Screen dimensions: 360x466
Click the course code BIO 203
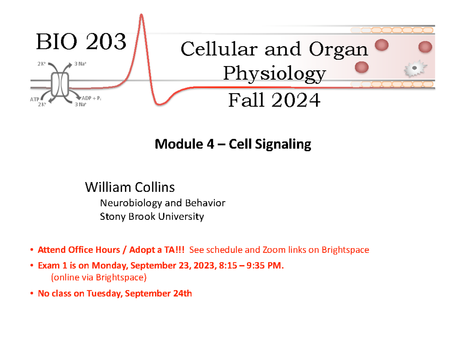pos(81,42)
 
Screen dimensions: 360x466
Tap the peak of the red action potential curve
pos(142,16)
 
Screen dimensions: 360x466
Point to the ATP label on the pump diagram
pos(35,99)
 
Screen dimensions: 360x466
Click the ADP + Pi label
pos(92,99)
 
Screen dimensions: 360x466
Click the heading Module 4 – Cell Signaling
pos(233,144)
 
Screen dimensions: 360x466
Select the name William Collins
pos(130,188)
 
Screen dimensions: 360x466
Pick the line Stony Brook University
pos(152,217)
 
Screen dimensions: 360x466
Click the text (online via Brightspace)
pos(99,277)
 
